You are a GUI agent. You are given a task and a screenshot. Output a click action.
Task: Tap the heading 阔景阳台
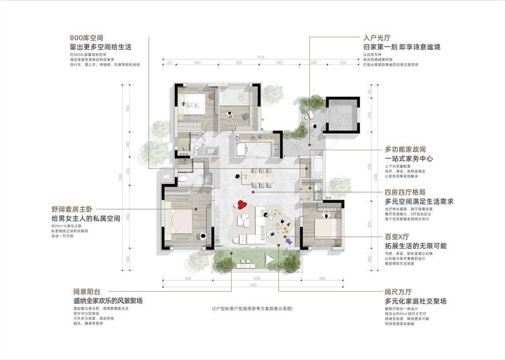point(88,292)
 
